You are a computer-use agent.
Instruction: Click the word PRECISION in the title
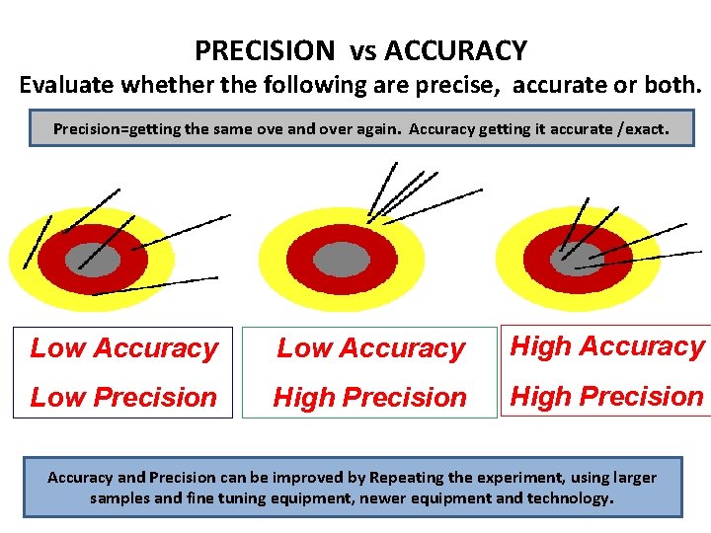click(x=265, y=50)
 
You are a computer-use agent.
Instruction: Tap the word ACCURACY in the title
click(x=455, y=50)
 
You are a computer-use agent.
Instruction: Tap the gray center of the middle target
click(x=341, y=260)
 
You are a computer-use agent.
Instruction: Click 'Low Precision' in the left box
click(x=123, y=397)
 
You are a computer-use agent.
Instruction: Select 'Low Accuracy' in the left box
click(x=123, y=347)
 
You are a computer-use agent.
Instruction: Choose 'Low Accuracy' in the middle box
click(x=370, y=347)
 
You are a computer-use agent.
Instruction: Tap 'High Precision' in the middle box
click(x=370, y=397)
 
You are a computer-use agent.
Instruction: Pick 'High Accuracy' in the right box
click(x=606, y=346)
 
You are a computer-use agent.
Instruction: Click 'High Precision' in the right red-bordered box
click(x=606, y=396)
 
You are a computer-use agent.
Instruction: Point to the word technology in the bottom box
click(x=567, y=498)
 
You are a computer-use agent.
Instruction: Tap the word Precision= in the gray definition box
click(x=98, y=128)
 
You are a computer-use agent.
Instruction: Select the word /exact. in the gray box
click(x=640, y=128)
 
